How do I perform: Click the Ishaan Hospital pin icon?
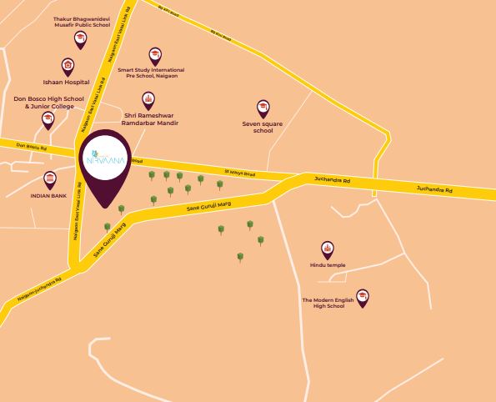click(68, 66)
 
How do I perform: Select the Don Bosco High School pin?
click(48, 120)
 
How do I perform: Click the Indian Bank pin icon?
click(50, 179)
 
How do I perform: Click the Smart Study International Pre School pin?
click(154, 55)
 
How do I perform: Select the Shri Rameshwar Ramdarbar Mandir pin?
click(148, 100)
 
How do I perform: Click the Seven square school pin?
click(263, 108)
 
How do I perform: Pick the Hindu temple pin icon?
click(328, 249)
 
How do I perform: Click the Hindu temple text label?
click(327, 266)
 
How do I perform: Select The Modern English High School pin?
click(363, 298)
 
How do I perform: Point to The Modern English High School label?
click(323, 303)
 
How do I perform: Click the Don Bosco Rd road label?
click(32, 147)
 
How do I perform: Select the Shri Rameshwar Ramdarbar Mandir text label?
click(151, 119)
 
